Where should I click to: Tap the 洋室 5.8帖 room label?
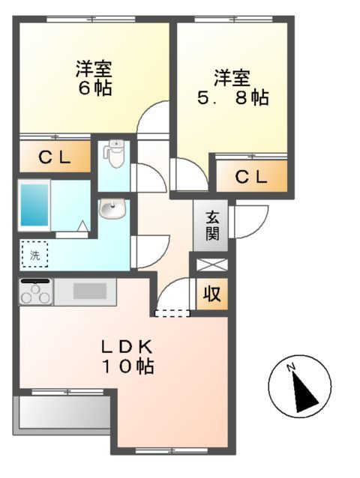[x=231, y=88]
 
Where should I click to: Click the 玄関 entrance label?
[x=212, y=226]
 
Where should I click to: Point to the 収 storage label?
[x=212, y=294]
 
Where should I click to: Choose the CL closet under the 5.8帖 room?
[x=250, y=178]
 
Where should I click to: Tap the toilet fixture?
[x=114, y=155]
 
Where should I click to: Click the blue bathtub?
[x=35, y=205]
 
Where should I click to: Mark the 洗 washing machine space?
[x=34, y=255]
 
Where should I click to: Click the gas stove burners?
[x=35, y=292]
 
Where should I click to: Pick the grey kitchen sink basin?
[x=90, y=291]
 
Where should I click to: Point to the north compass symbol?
[x=299, y=386]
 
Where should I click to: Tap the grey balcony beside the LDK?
[x=61, y=413]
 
